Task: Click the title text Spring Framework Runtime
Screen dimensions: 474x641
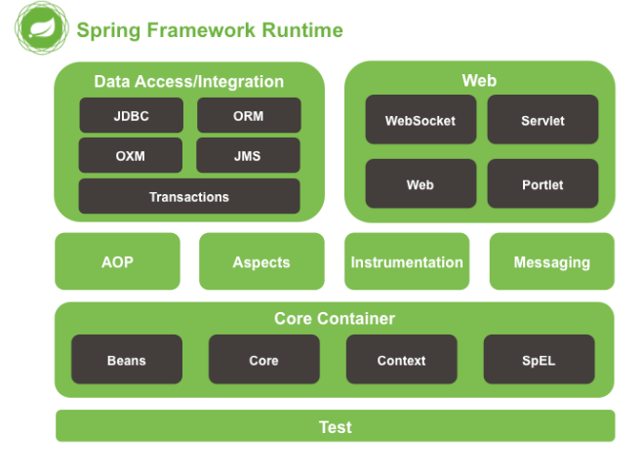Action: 210,30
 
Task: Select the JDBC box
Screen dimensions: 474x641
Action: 131,115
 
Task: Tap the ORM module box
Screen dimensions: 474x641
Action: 248,115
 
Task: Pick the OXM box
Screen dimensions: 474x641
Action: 131,155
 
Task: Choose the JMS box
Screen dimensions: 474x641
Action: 248,155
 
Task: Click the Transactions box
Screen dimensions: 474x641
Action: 189,196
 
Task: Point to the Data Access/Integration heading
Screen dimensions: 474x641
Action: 189,82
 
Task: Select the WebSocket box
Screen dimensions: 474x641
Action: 421,121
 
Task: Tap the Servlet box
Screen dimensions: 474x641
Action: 541,121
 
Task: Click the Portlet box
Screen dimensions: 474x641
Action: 541,184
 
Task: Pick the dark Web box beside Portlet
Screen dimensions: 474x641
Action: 421,184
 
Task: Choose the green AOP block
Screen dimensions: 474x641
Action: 117,261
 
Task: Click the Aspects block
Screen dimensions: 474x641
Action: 261,261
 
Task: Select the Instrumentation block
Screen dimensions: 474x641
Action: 407,261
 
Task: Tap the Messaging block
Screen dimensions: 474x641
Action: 551,261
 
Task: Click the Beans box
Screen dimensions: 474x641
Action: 127,360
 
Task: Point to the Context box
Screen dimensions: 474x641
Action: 401,360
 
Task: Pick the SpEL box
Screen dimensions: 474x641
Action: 539,360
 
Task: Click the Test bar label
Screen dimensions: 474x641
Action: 335,426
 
